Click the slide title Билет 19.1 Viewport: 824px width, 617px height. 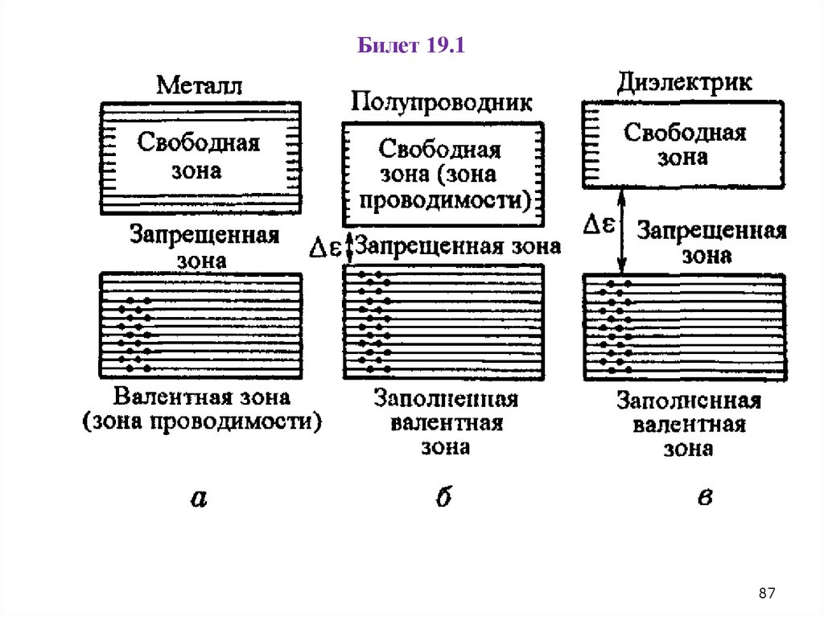click(412, 46)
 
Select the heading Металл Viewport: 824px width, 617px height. click(199, 85)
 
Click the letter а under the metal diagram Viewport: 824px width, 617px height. click(199, 499)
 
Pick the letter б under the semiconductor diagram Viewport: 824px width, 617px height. click(443, 498)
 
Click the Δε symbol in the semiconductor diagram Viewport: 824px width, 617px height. click(325, 247)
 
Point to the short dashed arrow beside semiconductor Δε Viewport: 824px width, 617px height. click(347, 247)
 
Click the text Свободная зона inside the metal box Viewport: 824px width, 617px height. click(198, 156)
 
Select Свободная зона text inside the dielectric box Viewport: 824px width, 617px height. click(685, 144)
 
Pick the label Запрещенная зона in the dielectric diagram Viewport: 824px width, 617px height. click(710, 243)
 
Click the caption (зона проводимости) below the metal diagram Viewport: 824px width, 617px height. click(201, 421)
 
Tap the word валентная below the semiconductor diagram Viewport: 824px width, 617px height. click(446, 423)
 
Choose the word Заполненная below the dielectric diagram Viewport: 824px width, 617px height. click(689, 401)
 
